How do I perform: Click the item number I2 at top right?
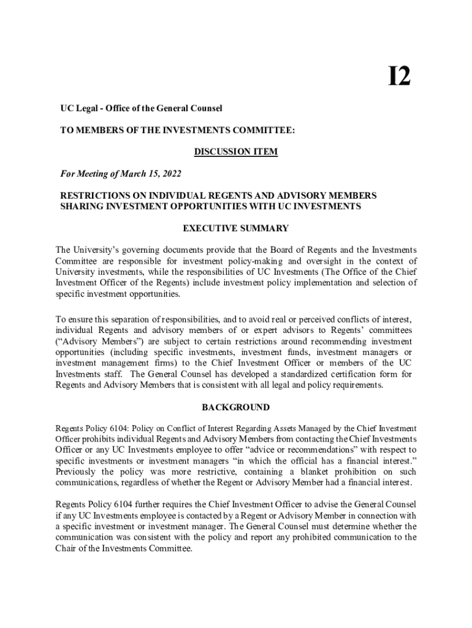(399, 78)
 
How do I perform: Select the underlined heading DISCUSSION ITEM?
(236, 151)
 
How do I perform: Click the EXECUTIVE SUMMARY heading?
(236, 228)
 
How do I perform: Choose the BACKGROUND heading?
(236, 407)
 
